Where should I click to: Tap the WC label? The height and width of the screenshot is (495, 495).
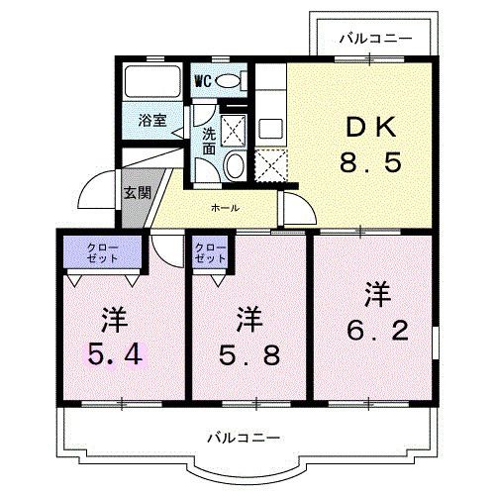203,79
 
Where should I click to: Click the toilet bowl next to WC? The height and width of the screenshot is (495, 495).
230,80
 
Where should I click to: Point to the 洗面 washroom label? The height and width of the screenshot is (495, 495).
210,140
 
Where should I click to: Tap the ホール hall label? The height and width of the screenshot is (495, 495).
223,208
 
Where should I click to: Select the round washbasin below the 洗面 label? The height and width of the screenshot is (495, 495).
236,166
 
